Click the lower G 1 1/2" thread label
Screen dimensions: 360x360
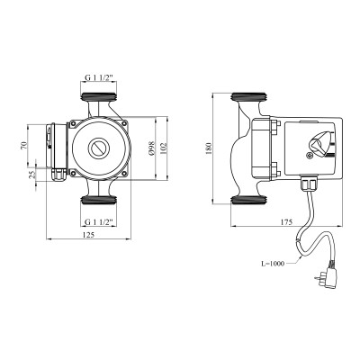tap(100, 220)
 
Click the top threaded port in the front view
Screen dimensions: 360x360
tap(100, 96)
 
